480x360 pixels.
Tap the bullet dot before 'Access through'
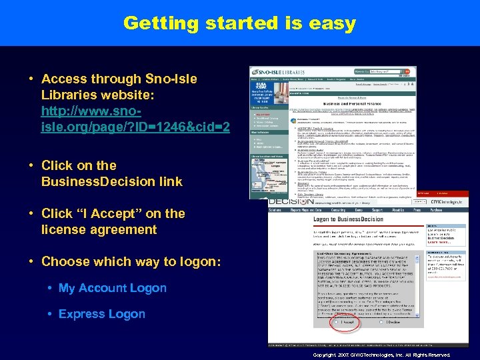click(31, 79)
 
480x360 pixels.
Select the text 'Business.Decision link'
click(111, 182)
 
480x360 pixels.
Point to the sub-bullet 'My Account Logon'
click(112, 288)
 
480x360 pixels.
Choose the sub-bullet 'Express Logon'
click(101, 314)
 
